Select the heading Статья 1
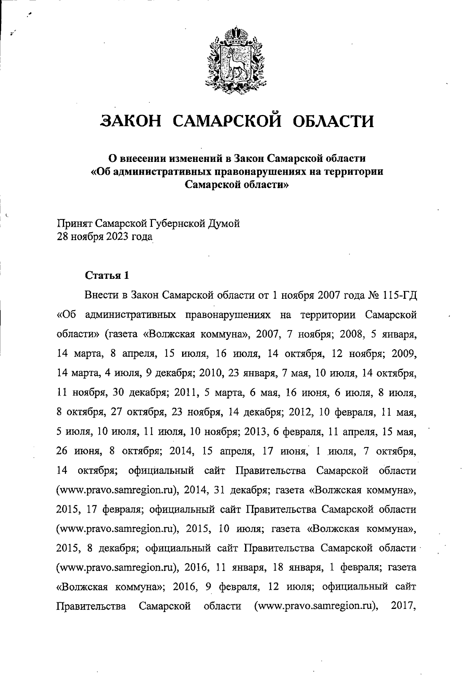tap(107, 275)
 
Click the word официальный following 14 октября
tap(161, 470)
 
